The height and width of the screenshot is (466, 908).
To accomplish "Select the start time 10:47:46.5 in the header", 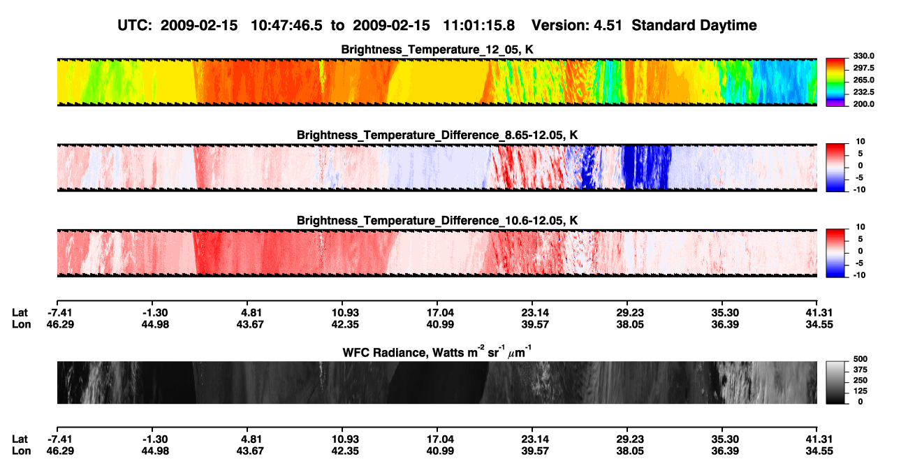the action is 286,26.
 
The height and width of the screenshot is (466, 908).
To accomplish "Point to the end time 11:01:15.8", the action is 478,26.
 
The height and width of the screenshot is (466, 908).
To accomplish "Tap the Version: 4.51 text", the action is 576,26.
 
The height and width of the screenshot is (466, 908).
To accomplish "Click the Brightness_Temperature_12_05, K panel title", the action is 437,50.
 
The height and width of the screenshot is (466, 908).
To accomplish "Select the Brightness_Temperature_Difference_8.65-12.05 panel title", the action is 437,135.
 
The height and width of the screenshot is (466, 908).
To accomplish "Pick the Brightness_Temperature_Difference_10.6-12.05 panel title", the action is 437,221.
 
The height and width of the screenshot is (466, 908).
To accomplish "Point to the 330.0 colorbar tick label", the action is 863,56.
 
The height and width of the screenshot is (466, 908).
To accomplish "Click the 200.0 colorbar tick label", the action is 863,104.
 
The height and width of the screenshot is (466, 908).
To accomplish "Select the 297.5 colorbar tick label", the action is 863,68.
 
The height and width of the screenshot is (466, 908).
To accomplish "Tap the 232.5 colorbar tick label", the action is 863,92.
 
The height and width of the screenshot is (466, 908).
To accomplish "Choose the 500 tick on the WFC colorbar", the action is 861,359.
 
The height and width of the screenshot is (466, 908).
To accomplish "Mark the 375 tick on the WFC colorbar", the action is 861,370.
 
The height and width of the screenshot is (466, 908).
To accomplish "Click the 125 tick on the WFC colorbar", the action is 861,391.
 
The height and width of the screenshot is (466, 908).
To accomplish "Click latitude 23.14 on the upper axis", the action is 535,313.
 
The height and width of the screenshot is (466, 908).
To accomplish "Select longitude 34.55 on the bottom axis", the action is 819,451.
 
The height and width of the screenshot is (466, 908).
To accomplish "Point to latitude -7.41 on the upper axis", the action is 59,313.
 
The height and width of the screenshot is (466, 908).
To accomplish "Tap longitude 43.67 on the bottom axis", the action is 250,451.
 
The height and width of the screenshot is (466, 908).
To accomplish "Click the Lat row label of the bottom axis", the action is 20,439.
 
